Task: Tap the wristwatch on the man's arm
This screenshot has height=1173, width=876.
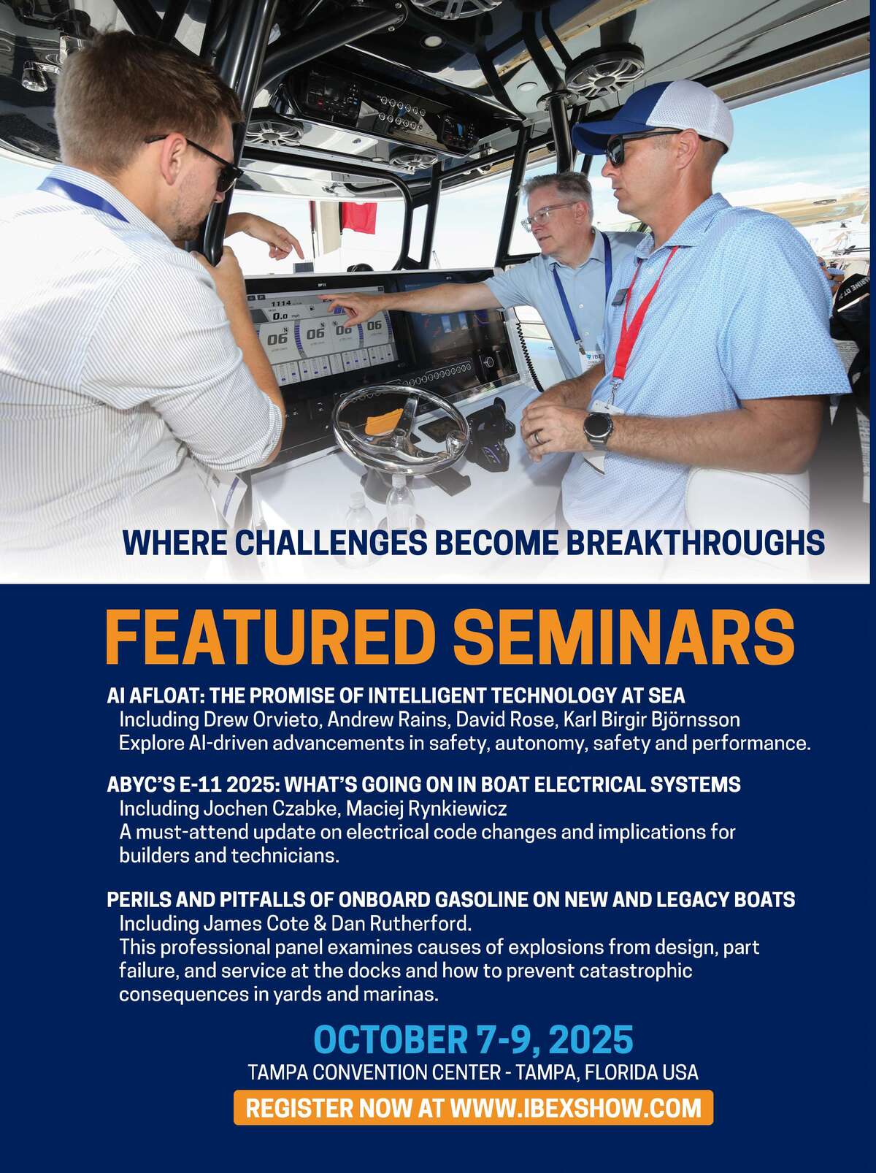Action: [598, 429]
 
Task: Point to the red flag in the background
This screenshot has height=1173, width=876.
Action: [358, 217]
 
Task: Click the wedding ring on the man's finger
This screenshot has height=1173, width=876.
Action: [539, 438]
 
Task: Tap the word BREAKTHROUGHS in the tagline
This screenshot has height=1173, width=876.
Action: [695, 543]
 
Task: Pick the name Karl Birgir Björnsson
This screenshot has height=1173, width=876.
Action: [652, 720]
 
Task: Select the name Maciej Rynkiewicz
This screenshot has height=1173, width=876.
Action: [426, 809]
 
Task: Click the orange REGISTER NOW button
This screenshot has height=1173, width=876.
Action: [473, 1108]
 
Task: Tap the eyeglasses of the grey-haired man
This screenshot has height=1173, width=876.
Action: [547, 216]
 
